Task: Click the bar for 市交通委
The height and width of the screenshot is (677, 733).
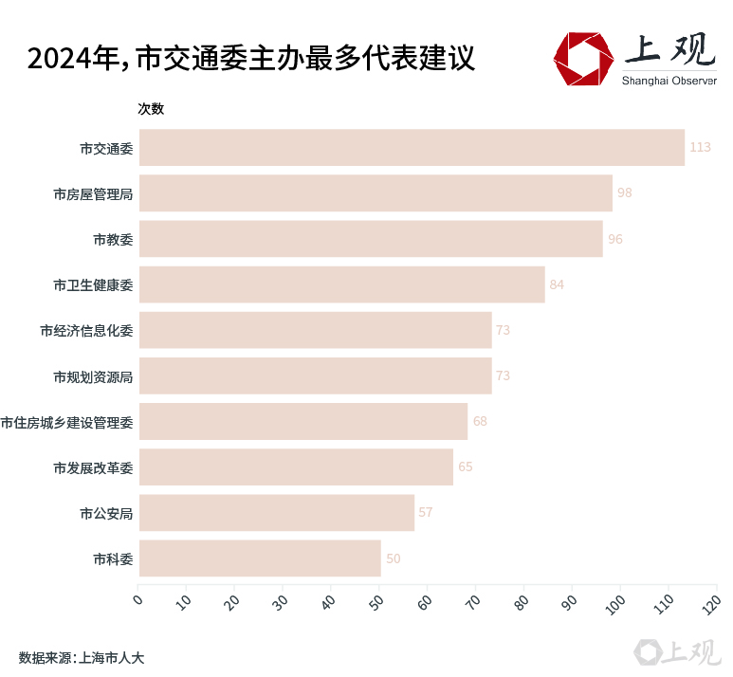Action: pos(411,147)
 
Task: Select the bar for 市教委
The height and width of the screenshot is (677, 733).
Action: pos(370,239)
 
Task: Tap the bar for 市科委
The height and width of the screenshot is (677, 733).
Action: pos(259,558)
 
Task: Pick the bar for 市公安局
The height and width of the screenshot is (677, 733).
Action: pos(276,512)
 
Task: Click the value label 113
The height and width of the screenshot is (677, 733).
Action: pos(700,147)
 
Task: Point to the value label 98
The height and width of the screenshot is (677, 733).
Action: pos(624,192)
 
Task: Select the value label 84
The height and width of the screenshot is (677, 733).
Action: pos(557,284)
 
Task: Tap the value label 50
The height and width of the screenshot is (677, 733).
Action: pos(393,558)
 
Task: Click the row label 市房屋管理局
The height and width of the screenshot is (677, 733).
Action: pos(93,193)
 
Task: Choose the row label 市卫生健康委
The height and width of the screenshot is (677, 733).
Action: pos(93,284)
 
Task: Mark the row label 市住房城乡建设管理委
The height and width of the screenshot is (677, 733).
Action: pos(66,422)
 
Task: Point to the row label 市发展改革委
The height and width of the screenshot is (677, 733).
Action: pos(93,467)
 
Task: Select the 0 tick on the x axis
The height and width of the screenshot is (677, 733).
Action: pos(138,598)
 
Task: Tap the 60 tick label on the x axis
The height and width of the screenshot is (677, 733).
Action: pos(425,601)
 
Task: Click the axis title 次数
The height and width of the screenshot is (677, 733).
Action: pos(151,109)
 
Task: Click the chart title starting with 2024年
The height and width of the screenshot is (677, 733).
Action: pos(250,59)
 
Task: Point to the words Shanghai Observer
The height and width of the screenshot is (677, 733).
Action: pos(669,80)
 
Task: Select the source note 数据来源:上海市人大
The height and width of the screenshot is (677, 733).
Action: pos(81,656)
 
